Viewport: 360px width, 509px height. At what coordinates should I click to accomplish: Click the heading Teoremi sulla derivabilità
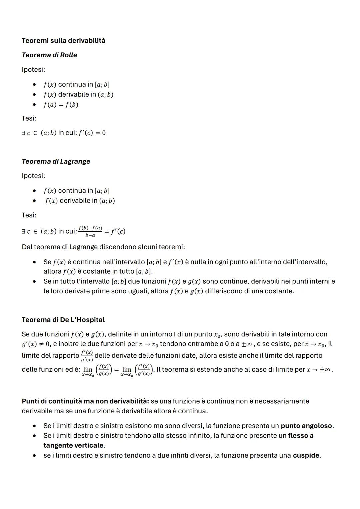(x=63, y=41)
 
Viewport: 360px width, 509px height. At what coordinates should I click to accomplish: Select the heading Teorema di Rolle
(x=49, y=55)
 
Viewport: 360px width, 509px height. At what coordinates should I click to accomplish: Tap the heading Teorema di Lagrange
(x=56, y=161)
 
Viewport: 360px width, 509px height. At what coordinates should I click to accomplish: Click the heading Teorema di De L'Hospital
(x=63, y=320)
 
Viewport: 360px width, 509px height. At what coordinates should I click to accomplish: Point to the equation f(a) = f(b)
(x=61, y=105)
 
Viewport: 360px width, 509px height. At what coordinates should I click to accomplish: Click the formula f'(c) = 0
(x=92, y=133)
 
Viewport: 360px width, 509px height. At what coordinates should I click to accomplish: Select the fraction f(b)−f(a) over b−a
(x=90, y=231)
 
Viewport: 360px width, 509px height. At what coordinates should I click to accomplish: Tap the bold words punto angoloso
(x=306, y=426)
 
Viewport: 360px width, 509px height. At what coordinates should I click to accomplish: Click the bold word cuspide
(x=306, y=455)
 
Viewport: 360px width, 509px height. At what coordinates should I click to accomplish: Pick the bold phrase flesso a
(x=301, y=436)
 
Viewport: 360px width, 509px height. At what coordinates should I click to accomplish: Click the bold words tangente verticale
(x=73, y=445)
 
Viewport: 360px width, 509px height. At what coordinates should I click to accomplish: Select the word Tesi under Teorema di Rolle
(x=29, y=118)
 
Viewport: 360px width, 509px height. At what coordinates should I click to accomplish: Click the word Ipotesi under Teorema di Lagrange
(x=33, y=176)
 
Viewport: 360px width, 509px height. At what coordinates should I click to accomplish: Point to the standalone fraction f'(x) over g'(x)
(x=87, y=356)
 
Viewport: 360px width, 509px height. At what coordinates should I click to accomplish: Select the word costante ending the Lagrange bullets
(x=279, y=291)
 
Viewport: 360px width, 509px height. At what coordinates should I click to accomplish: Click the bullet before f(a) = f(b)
(x=34, y=105)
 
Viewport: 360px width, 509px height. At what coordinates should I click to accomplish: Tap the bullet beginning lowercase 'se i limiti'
(x=34, y=455)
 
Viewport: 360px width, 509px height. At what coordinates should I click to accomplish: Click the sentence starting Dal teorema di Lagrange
(x=103, y=247)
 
